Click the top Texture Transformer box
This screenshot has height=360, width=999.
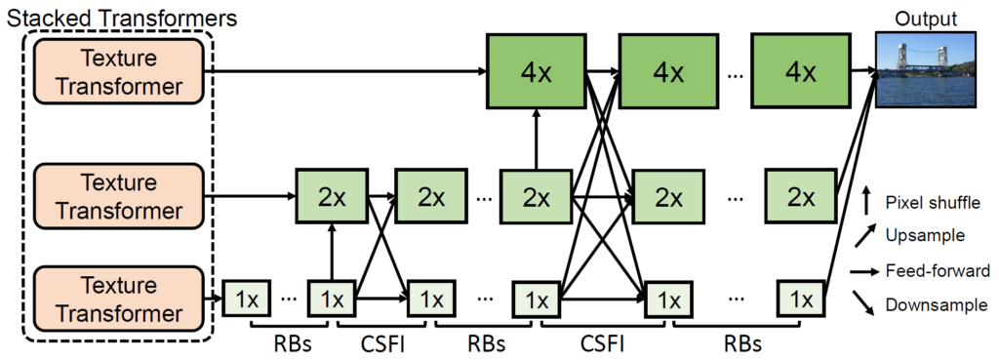(x=119, y=72)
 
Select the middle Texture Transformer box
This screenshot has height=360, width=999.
(x=119, y=196)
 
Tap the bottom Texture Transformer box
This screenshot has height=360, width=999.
(x=119, y=300)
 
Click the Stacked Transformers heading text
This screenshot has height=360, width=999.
(x=119, y=17)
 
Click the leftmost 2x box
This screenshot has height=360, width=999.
(x=332, y=196)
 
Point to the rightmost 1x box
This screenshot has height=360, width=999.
(x=801, y=300)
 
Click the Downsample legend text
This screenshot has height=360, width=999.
(x=936, y=305)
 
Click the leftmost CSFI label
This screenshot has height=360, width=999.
(x=376, y=343)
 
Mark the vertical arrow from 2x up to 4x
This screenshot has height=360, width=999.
(x=535, y=138)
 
